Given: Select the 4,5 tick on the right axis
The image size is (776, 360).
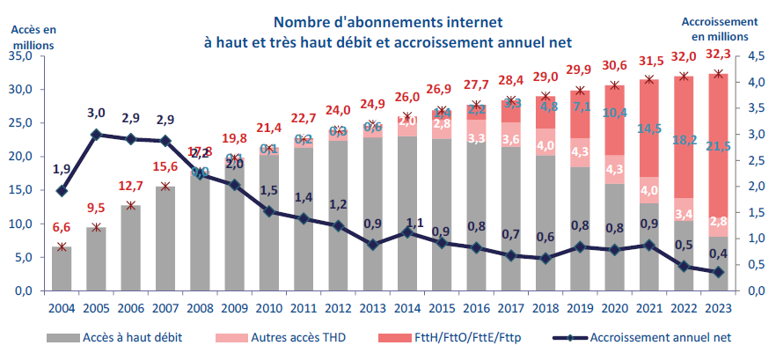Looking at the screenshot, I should tap(758, 56).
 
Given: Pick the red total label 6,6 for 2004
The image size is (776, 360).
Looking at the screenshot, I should tap(62, 228).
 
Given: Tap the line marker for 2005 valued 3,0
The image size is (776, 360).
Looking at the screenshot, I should tap(96, 135).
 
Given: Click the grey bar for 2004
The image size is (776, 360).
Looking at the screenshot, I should tap(62, 269).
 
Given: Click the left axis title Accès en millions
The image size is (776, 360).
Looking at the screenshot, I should tap(33, 36).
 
